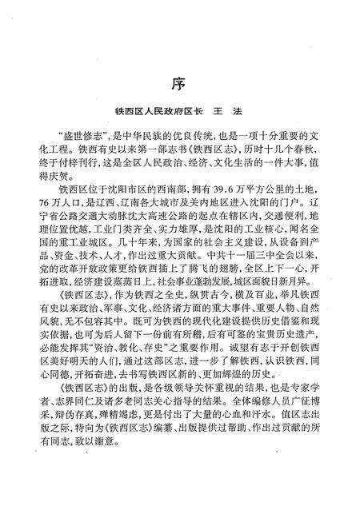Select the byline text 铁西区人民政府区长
pyautogui.click(x=158, y=114)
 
